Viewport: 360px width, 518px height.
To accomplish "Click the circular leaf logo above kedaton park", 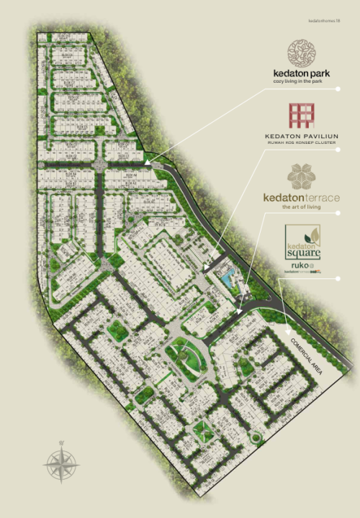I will tap(302, 53).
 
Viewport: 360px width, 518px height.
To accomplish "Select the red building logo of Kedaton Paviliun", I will tap(302, 115).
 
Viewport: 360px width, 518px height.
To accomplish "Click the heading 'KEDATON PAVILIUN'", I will tap(302, 135).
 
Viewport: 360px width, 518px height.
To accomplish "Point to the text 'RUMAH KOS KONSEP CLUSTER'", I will tap(302, 143).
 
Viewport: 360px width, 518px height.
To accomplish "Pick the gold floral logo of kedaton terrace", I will tap(302, 176).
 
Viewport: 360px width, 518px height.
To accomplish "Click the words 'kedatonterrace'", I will tap(302, 197).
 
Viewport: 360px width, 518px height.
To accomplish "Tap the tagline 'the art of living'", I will tap(302, 207).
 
